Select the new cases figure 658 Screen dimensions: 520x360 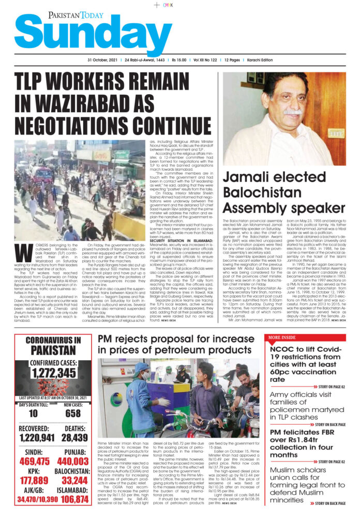(x=73, y=413)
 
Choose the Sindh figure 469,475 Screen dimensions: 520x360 (x=35, y=462)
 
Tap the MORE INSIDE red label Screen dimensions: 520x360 (x=282, y=338)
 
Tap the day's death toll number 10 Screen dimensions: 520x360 (x=33, y=413)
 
